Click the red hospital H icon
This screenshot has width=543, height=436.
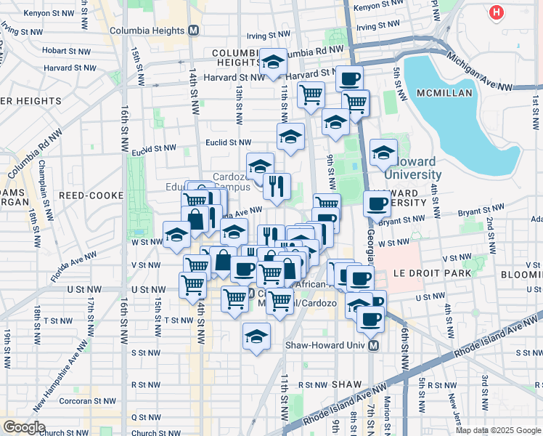497,12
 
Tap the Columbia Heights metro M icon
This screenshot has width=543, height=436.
193,31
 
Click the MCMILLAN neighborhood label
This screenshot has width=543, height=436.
444,93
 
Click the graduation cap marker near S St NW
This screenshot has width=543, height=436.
256,336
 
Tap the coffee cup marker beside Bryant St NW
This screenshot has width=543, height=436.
377,203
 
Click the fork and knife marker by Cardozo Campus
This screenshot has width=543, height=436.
277,186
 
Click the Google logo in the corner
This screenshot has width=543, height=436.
24,427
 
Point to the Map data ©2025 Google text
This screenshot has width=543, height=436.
499,430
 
